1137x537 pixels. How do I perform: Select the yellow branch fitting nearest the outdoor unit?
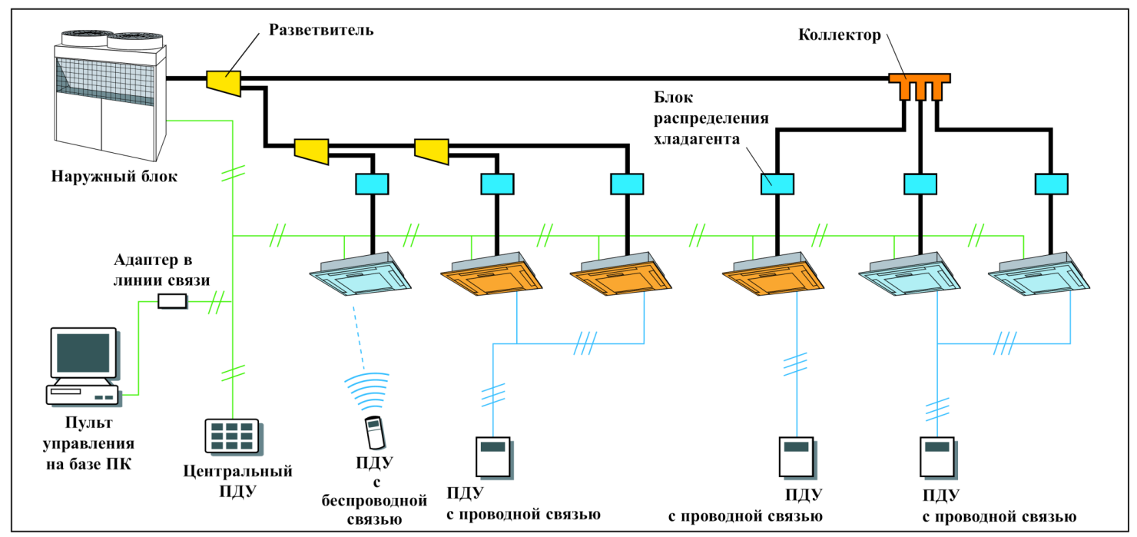point(224,80)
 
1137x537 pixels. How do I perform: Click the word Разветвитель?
point(321,31)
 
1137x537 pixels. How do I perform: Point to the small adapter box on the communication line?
point(172,301)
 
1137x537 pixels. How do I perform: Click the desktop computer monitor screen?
point(83,353)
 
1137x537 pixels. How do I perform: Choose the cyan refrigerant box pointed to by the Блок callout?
point(777,184)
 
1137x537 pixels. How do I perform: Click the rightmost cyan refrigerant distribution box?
point(1051,184)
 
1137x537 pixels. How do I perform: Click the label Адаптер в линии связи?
point(161,269)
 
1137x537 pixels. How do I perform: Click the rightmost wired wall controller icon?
point(936,456)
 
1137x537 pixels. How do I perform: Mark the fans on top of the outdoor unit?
point(111,38)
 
